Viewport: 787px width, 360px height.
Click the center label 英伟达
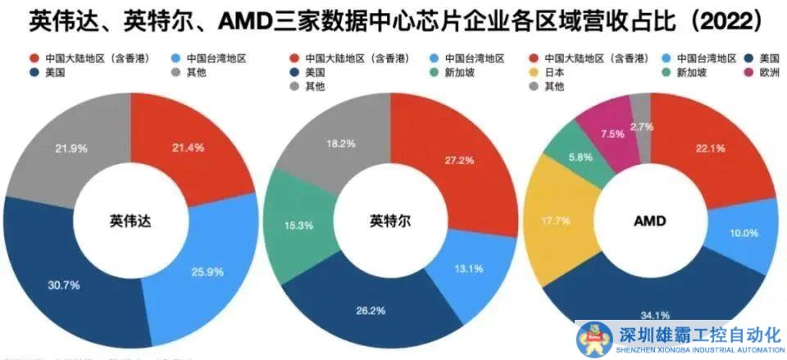click(x=130, y=221)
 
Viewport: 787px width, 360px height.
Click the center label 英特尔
click(x=389, y=221)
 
